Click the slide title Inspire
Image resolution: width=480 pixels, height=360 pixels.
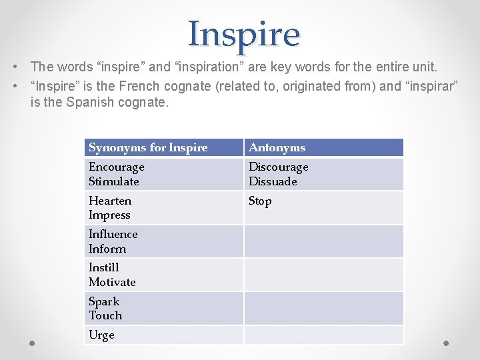pyautogui.click(x=244, y=34)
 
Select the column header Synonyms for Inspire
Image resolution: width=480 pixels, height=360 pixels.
pyautogui.click(x=148, y=147)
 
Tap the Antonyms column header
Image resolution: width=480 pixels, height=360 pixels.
pyautogui.click(x=277, y=147)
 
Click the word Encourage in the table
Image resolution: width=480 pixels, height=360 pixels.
pyautogui.click(x=117, y=167)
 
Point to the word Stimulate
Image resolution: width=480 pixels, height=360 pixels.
pyautogui.click(x=114, y=181)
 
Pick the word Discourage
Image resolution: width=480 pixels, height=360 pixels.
pyautogui.click(x=279, y=167)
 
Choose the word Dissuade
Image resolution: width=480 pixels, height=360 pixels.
pyautogui.click(x=273, y=181)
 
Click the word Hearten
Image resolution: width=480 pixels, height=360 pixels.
pyautogui.click(x=110, y=201)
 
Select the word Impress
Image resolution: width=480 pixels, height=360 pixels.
pyautogui.click(x=109, y=215)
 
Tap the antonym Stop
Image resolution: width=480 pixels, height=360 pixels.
pyautogui.click(x=260, y=201)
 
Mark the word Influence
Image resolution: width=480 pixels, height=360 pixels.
pyautogui.click(x=113, y=234)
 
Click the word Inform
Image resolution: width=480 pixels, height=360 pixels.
pyautogui.click(x=107, y=249)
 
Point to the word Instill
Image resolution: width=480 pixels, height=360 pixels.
pyautogui.click(x=104, y=267)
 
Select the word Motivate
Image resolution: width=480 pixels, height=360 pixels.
pyautogui.click(x=112, y=282)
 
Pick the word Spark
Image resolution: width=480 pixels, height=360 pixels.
pyautogui.click(x=104, y=301)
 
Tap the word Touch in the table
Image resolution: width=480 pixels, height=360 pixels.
pyautogui.click(x=105, y=315)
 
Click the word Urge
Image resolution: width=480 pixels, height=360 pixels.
pyautogui.click(x=101, y=335)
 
